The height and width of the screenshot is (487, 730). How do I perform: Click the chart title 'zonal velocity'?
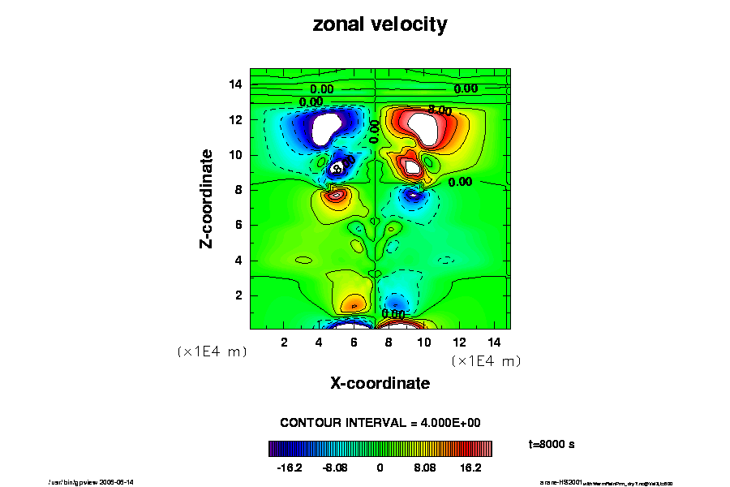[x=380, y=25]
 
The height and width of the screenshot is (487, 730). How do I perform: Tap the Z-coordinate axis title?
[x=208, y=198]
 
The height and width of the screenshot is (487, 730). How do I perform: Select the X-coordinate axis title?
[x=380, y=383]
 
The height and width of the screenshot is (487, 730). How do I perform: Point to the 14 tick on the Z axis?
[x=236, y=84]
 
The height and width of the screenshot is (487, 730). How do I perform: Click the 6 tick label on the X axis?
[x=354, y=343]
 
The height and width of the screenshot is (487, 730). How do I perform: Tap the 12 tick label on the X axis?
[x=458, y=343]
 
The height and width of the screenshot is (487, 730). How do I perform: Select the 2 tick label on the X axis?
[x=284, y=343]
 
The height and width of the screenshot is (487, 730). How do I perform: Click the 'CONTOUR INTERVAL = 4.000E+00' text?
[x=380, y=423]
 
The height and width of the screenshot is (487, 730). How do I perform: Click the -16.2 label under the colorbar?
[x=289, y=468]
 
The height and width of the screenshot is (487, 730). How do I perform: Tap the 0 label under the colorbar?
[x=380, y=468]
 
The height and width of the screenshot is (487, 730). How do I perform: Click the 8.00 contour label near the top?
[x=440, y=110]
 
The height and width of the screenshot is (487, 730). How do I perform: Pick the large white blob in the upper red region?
[x=424, y=125]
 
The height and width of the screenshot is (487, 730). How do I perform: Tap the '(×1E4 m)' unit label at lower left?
[x=212, y=352]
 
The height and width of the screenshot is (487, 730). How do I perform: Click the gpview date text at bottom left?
[x=91, y=481]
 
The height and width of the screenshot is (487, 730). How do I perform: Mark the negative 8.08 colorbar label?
[x=334, y=468]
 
